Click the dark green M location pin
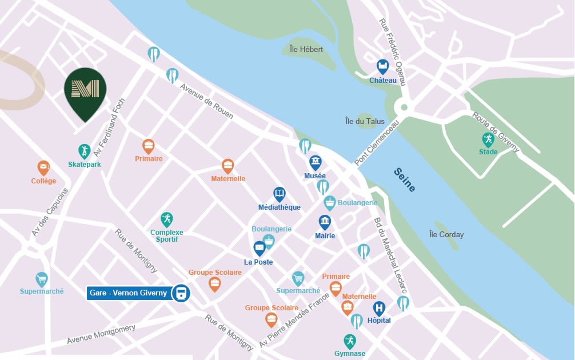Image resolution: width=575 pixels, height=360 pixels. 85,90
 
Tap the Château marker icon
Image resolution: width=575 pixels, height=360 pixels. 382,66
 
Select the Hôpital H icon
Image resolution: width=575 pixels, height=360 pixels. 379,309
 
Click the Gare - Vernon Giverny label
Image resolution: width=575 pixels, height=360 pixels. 128,293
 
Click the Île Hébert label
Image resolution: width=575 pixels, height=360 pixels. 306,50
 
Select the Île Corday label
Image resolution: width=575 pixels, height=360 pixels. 446,234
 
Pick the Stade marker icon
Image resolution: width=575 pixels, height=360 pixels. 488,139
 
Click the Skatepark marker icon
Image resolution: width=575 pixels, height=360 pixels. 84,151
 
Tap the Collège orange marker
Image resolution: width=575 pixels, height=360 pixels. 43,167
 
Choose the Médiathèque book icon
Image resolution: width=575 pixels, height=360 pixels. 279,194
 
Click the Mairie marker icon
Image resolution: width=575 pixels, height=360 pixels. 325,222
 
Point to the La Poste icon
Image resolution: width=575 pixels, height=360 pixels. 259,248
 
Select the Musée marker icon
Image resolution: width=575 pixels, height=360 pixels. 315,162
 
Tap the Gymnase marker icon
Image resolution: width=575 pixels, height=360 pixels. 349,341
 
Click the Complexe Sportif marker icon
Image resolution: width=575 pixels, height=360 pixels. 166,219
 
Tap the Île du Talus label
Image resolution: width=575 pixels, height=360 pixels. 365,121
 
